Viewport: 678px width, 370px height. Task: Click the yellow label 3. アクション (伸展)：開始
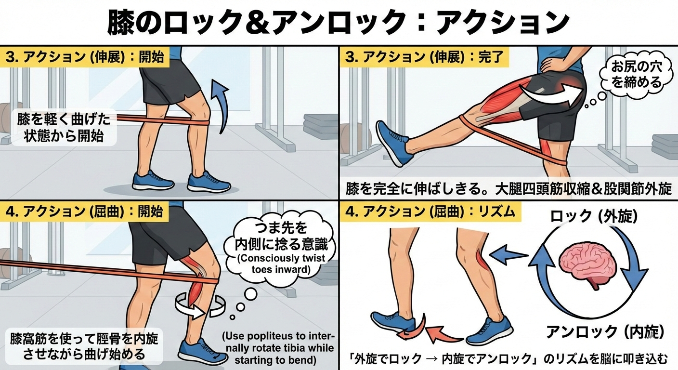click(85, 57)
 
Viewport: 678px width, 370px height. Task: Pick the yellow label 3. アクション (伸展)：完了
click(424, 57)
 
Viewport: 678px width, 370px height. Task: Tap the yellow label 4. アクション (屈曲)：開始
click(84, 211)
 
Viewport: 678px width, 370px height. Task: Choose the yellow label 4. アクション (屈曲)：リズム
click(430, 211)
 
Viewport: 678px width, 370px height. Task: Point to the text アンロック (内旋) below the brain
click(605, 332)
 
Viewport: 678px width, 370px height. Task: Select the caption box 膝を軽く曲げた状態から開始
click(64, 128)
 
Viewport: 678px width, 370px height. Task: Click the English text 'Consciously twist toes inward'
click(281, 264)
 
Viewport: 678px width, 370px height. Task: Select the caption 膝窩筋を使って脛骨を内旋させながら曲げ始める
click(84, 346)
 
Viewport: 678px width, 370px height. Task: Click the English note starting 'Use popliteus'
click(280, 348)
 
